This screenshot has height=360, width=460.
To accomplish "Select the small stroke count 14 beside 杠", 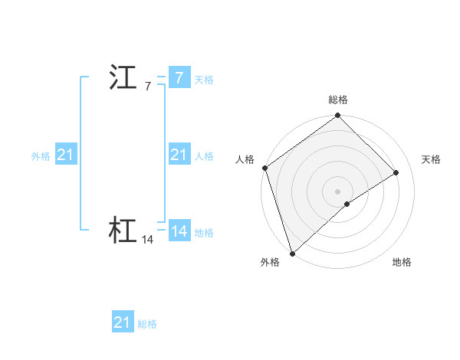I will [147, 240].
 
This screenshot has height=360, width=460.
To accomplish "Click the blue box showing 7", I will [179, 78].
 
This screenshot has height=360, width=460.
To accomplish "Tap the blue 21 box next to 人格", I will [179, 155].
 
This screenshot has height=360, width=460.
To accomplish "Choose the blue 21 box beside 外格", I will [65, 155].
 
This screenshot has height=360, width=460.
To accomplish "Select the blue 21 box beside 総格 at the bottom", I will [122, 322].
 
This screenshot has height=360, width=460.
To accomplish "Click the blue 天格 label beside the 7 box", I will [204, 80].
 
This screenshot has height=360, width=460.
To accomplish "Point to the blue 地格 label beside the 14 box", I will [204, 233].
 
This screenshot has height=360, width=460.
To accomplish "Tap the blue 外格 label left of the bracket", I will [41, 156].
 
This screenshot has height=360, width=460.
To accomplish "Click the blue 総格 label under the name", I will [147, 324].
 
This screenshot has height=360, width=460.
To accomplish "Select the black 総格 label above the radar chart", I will [338, 100].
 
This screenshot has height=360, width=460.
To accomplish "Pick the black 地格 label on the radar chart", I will [402, 263].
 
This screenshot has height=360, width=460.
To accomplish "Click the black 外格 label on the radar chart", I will [270, 263].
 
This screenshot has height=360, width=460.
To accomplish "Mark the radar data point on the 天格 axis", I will [396, 172].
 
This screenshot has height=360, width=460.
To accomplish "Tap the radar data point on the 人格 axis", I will [264, 168].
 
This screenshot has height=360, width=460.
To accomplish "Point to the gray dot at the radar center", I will [337, 191].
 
